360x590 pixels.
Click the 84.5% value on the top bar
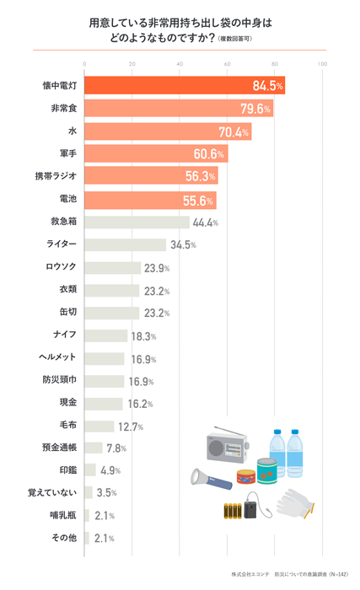[267, 85]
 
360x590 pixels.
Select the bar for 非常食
[178, 109]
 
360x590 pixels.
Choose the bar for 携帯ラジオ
[152, 177]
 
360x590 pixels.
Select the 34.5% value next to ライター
[183, 245]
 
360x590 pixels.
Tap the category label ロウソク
[61, 268]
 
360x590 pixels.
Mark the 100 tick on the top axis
[322, 64]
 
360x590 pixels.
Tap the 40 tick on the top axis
[180, 64]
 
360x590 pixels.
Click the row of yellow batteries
[231, 510]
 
